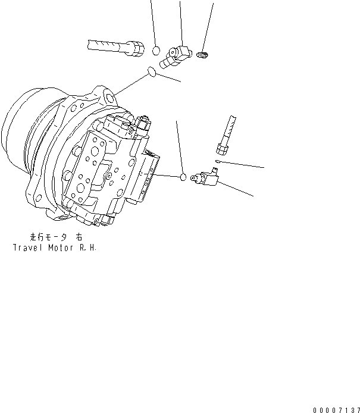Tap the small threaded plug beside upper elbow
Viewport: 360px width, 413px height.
coord(203,56)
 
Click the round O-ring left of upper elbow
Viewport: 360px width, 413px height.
coord(156,51)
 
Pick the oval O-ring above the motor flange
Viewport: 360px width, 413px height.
coord(152,73)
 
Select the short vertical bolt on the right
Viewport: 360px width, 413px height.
coord(229,134)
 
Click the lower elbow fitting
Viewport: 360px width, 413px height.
coord(205,178)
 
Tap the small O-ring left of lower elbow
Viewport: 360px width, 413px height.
coord(184,177)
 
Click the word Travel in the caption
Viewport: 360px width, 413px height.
coord(27,246)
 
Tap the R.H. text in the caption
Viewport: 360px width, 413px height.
coord(87,246)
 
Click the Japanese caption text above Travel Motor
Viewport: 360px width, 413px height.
coord(56,236)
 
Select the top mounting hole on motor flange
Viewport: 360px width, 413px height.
coord(109,95)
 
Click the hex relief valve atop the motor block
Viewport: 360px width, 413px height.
coord(142,124)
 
